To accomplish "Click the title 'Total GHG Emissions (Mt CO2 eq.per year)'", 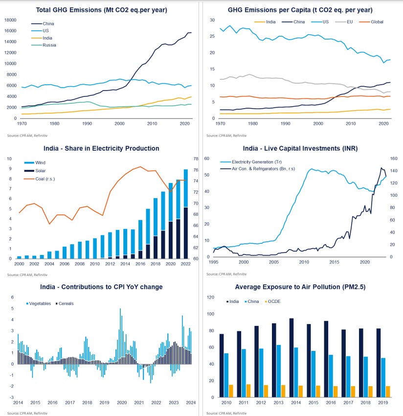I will [x=102, y=10].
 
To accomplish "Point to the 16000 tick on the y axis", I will [x=10, y=31].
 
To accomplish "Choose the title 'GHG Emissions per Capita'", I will [x=300, y=10].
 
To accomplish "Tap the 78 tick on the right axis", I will [x=196, y=159].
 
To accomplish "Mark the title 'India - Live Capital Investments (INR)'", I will [x=300, y=148].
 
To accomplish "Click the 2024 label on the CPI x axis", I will [x=191, y=402].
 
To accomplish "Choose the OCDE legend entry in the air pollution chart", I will [x=279, y=300].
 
